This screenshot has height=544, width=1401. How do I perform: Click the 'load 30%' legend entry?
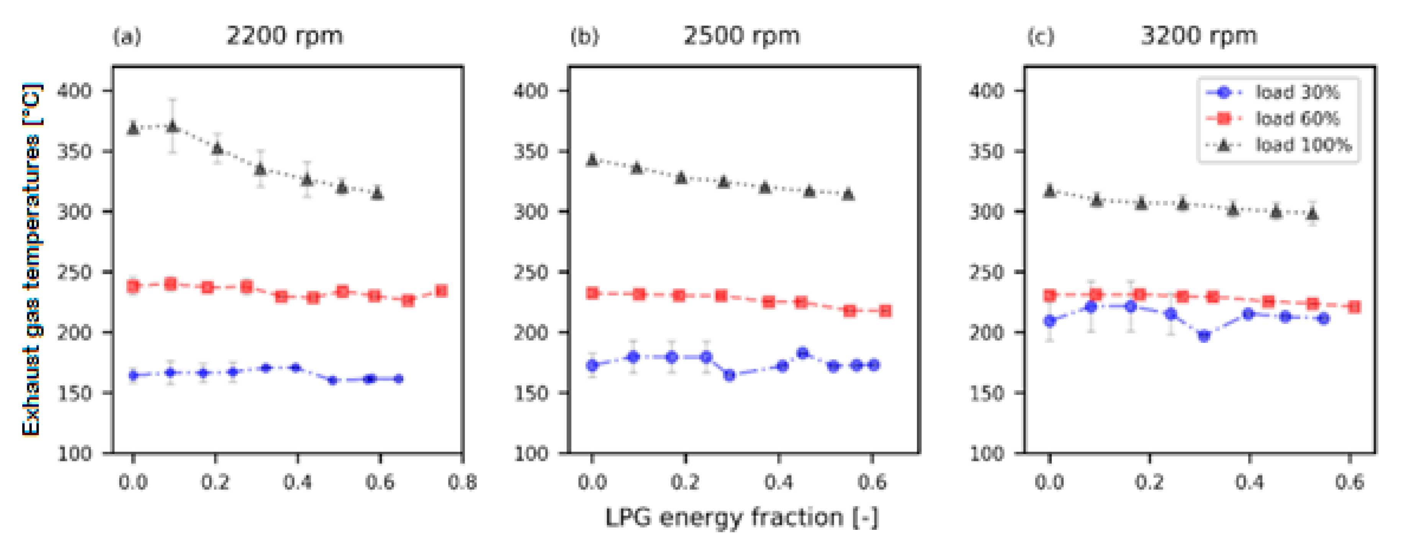[1297, 92]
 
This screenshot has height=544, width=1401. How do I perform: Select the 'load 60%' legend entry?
[1297, 118]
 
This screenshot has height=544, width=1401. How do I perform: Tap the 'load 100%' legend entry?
[1303, 145]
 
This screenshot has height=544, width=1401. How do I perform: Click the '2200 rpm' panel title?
[285, 36]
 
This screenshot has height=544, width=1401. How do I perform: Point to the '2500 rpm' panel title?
[741, 36]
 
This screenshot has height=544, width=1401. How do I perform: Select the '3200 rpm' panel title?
[1199, 36]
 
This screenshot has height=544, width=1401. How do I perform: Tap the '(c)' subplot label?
[1041, 37]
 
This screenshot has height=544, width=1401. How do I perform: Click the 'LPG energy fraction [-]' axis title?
[741, 517]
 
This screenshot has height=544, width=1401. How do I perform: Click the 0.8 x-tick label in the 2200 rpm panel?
[462, 482]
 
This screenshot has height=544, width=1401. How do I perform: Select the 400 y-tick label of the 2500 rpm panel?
[531, 91]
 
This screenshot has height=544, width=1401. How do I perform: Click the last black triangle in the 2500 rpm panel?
[848, 194]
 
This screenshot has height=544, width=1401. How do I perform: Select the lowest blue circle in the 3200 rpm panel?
[1204, 336]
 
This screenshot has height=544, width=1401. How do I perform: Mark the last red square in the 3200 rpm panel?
[1355, 307]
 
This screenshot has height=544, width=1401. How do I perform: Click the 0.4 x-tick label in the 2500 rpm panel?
[778, 482]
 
